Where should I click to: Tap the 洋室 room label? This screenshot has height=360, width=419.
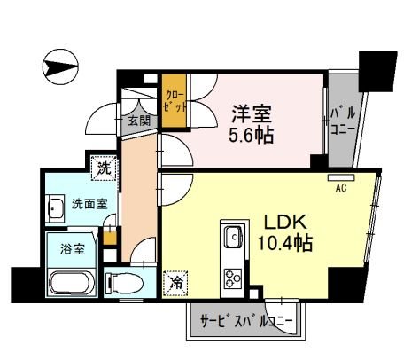[252, 113]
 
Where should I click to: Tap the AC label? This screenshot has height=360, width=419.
[339, 187]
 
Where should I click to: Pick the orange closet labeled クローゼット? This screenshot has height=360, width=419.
[172, 105]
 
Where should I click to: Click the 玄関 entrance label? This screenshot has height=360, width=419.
[137, 121]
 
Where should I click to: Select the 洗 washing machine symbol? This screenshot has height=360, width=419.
[105, 165]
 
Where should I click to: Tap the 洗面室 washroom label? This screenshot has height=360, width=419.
[89, 203]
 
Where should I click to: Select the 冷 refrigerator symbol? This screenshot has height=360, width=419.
[175, 284]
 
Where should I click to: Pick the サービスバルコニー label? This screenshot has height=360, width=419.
[247, 324]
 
